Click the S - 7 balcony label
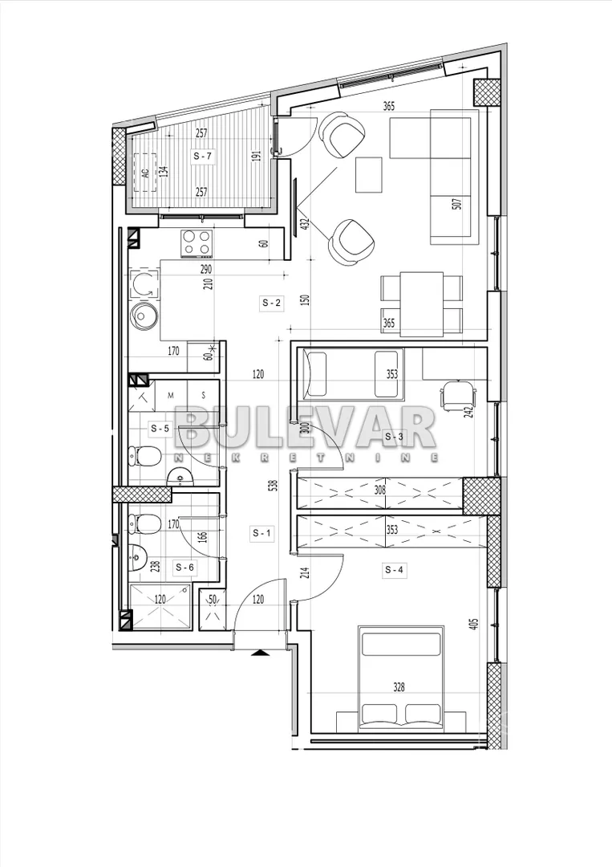click(x=203, y=157)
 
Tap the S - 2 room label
click(x=271, y=303)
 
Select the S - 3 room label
click(x=394, y=437)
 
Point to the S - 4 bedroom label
click(x=395, y=569)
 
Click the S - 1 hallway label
click(x=261, y=533)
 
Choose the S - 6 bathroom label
click(x=184, y=567)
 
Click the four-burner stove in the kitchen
click(x=197, y=243)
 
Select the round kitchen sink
click(x=144, y=316)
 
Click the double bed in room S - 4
click(x=401, y=678)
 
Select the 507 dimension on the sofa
click(x=456, y=204)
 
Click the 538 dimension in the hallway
click(x=274, y=486)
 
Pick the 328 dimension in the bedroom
click(x=399, y=687)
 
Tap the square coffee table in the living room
click(x=368, y=175)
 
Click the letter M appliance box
click(x=171, y=395)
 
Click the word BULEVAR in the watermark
click(x=306, y=428)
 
